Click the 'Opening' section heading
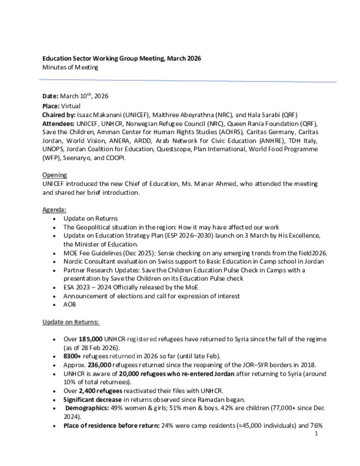click(54, 175)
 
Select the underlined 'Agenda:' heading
click(54, 210)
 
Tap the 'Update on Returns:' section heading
click(71, 322)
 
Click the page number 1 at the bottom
click(316, 434)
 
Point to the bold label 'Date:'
click(50, 96)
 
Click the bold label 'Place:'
click(51, 106)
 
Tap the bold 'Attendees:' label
click(58, 123)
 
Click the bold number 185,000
click(90, 339)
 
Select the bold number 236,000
click(99, 365)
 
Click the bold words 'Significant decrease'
click(92, 400)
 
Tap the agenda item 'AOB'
click(70, 305)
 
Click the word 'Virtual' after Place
click(71, 106)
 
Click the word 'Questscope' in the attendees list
click(174, 149)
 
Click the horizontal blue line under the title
click(188, 81)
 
